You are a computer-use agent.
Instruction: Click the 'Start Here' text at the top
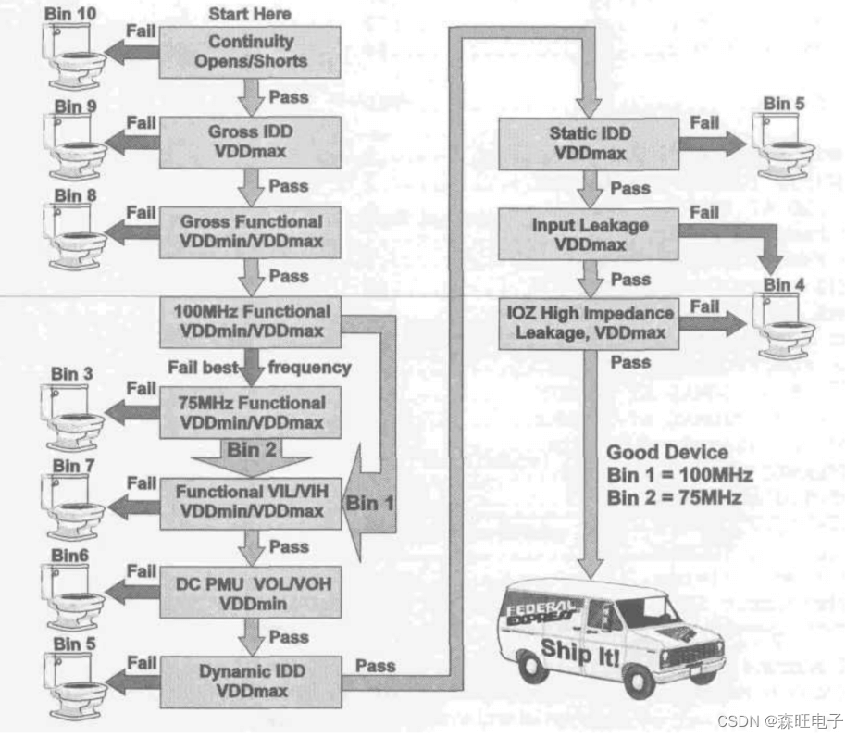tap(249, 13)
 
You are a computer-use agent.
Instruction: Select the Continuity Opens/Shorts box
tap(251, 51)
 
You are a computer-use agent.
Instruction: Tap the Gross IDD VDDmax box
tap(251, 141)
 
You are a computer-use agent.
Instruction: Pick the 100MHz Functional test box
tap(251, 320)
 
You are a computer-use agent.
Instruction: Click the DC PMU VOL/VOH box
tap(251, 593)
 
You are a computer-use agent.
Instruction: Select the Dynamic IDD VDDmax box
tap(251, 681)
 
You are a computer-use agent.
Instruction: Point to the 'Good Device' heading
tap(666, 453)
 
